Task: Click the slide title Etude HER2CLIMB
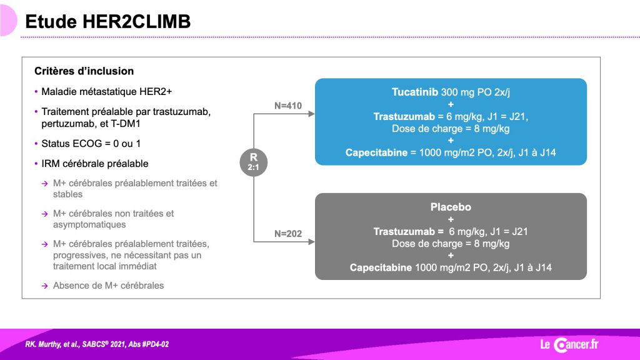107,22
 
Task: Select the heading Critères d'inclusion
84,71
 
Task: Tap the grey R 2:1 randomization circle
254,162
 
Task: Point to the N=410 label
288,106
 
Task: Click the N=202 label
288,234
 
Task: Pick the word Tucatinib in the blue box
415,92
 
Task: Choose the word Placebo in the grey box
451,207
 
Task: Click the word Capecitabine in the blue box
376,152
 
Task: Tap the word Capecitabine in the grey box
381,267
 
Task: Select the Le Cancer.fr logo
569,344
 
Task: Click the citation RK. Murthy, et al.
52,344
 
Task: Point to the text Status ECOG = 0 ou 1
91,144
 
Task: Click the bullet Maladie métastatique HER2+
106,92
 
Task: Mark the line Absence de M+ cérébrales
109,286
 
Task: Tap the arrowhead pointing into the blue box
311,114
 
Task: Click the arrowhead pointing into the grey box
311,242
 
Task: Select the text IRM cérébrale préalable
95,164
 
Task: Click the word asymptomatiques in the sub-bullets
89,225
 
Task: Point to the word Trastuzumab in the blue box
404,117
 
